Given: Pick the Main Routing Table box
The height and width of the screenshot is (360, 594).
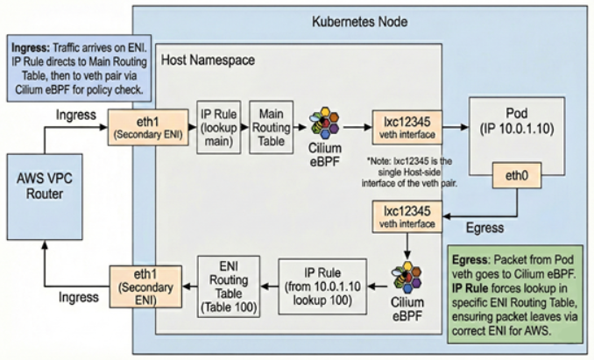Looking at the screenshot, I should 271,127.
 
